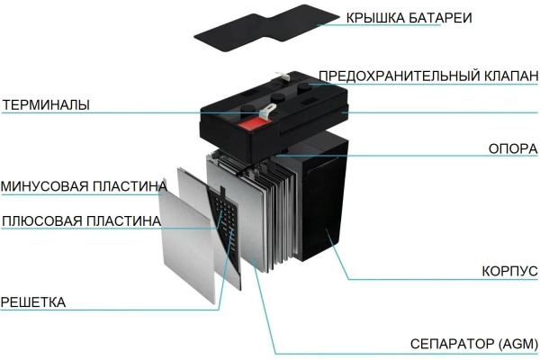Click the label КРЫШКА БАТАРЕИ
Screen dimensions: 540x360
(409, 18)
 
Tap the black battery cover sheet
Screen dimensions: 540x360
(267, 28)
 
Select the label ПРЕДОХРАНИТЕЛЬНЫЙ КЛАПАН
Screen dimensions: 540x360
(428, 76)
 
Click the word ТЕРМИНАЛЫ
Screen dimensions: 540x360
(46, 104)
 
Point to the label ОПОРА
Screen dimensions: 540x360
(513, 148)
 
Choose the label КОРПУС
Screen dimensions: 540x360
(509, 271)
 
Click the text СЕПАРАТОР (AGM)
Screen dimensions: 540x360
(474, 344)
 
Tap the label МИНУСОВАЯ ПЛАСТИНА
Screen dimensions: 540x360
(84, 186)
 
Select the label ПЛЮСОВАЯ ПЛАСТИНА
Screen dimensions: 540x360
(81, 220)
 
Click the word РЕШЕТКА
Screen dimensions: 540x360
(33, 302)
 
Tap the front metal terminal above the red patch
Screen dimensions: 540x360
(267, 112)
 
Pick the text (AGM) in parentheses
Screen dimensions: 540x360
(518, 344)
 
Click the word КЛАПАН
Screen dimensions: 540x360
(511, 76)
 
